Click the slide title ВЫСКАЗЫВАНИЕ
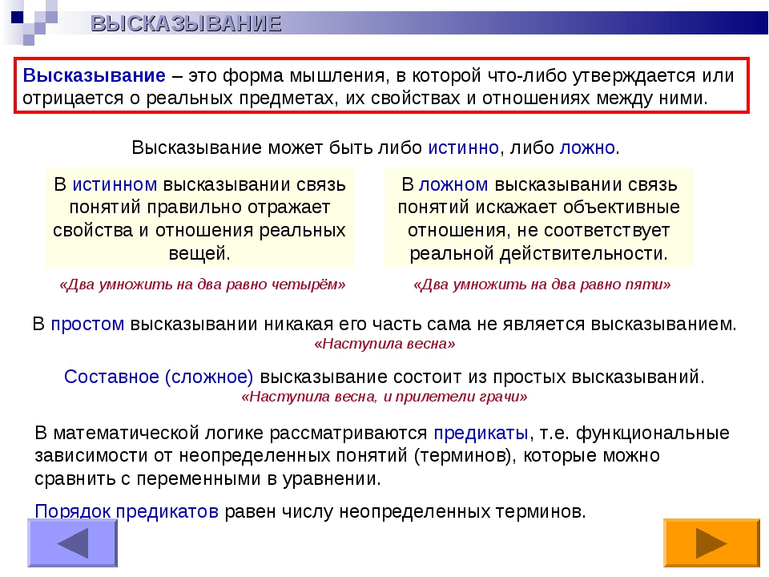[186, 23]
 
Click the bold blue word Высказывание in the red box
[95, 75]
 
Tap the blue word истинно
[463, 147]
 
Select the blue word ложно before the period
[587, 147]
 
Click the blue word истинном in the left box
[115, 184]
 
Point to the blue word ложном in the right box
[453, 184]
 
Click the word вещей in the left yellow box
[197, 254]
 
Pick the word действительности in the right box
[582, 254]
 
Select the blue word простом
[87, 325]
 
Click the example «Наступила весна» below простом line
[384, 344]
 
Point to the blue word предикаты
[481, 433]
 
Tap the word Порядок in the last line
[73, 511]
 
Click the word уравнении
[331, 478]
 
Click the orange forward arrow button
[711, 543]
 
